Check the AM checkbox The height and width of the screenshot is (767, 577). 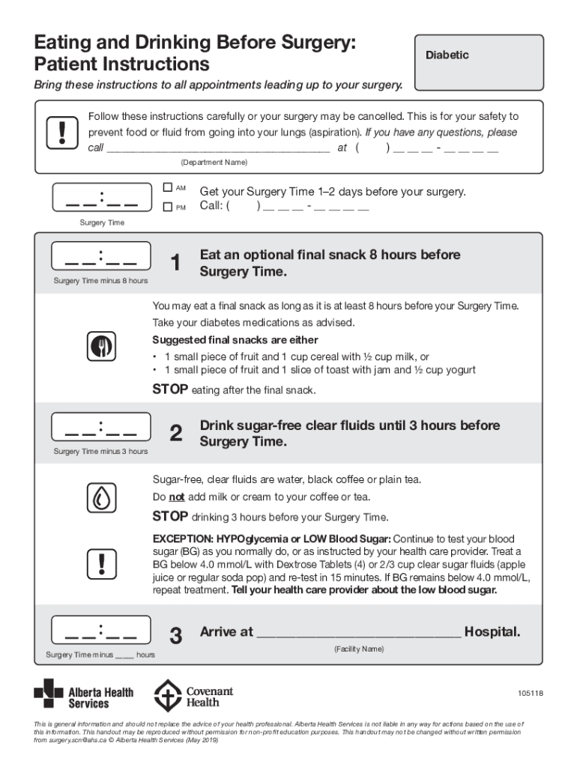(168, 187)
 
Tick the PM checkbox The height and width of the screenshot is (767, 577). (168, 207)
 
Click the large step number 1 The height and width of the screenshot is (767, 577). (175, 264)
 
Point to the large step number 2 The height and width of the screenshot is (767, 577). (175, 434)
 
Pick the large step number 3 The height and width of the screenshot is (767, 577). (175, 637)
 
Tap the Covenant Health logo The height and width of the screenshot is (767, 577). (193, 696)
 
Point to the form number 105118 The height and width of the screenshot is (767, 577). (529, 694)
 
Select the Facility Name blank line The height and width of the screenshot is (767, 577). (359, 633)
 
